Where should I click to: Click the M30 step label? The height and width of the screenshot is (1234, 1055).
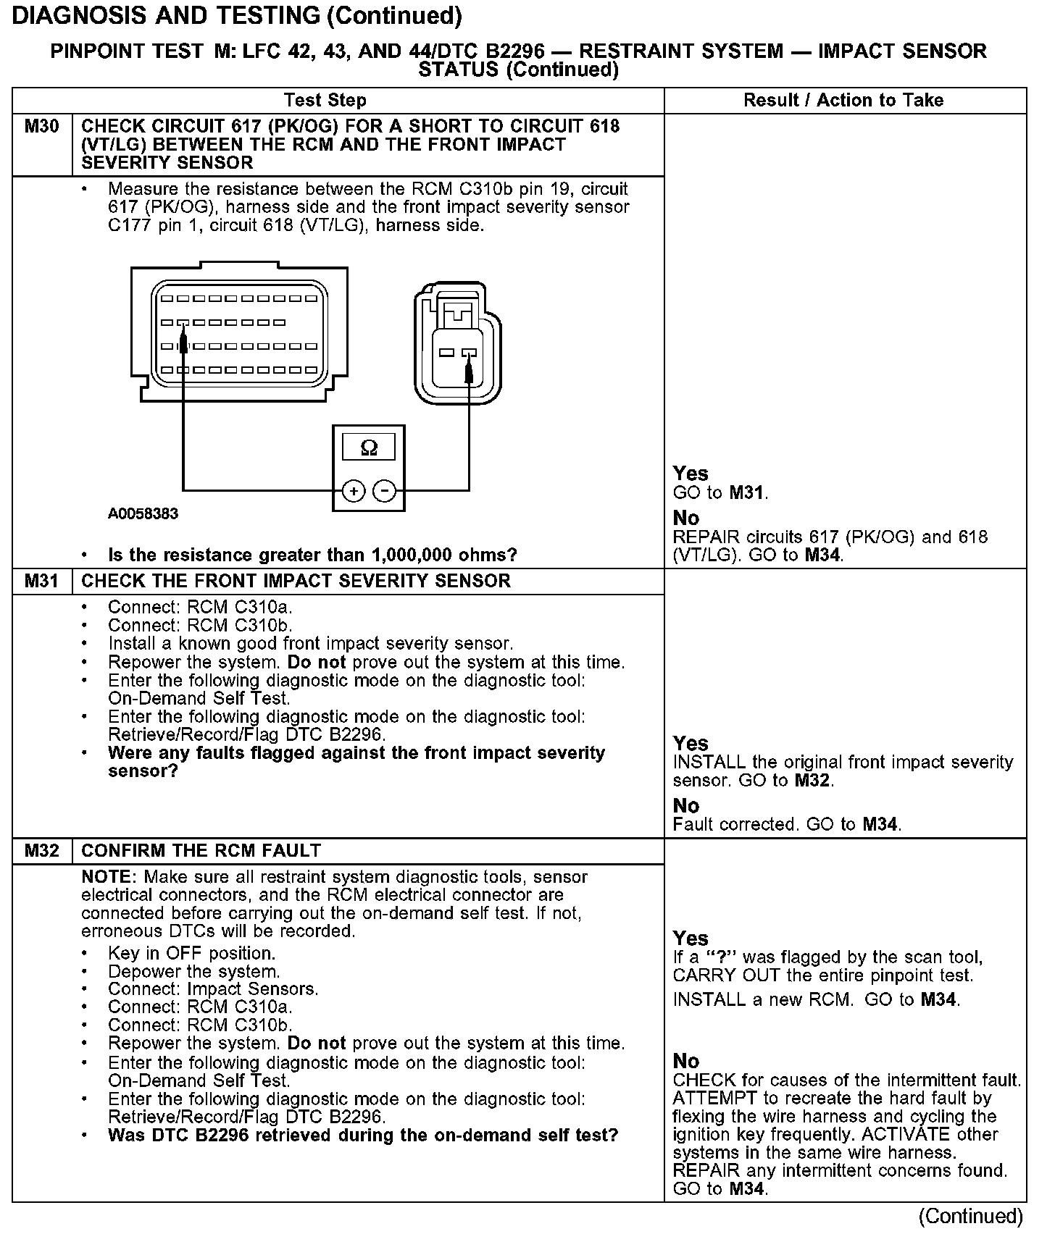pyautogui.click(x=41, y=127)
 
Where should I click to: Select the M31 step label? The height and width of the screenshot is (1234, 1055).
pyautogui.click(x=41, y=582)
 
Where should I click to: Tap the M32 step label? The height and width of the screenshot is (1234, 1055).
pyautogui.click(x=41, y=851)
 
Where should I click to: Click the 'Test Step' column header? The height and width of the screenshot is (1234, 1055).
pyautogui.click(x=325, y=101)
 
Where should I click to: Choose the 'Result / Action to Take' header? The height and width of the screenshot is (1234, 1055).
pyautogui.click(x=843, y=101)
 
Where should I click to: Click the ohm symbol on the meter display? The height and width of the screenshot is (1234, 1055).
pyautogui.click(x=369, y=448)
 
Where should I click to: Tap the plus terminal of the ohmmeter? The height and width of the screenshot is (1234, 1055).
pyautogui.click(x=354, y=492)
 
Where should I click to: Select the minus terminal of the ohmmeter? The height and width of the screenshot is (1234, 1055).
pyautogui.click(x=384, y=492)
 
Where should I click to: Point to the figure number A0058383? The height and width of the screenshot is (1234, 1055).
pyautogui.click(x=143, y=514)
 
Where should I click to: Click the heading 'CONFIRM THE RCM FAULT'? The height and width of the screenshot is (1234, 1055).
pyautogui.click(x=201, y=851)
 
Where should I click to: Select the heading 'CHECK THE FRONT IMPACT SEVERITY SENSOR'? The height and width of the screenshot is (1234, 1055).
pyautogui.click(x=296, y=582)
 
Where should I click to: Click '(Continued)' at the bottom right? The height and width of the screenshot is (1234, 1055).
pyautogui.click(x=970, y=1216)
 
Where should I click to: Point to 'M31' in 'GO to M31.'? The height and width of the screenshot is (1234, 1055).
pyautogui.click(x=746, y=493)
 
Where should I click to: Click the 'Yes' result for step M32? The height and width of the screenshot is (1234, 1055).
pyautogui.click(x=691, y=939)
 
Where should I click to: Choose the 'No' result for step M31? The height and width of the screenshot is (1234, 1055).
pyautogui.click(x=686, y=806)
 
